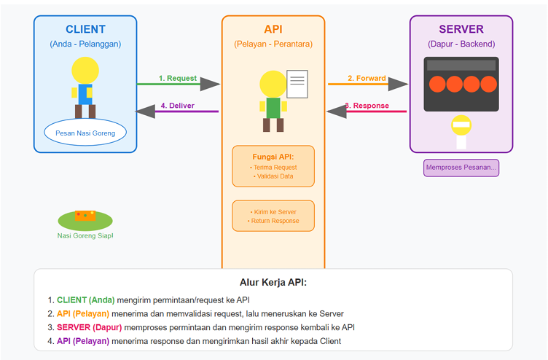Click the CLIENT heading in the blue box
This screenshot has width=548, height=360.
tap(85, 29)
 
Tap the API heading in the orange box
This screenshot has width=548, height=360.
tap(273, 29)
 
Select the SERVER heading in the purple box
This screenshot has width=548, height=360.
tap(461, 29)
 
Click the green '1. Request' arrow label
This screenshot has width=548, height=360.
tap(178, 78)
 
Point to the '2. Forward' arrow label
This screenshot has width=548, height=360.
tap(366, 78)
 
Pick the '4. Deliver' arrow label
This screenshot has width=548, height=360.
tap(177, 106)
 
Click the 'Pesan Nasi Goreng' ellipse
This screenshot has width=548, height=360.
tap(85, 133)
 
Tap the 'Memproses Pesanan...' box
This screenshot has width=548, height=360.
tap(461, 168)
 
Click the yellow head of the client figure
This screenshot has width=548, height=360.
tap(85, 70)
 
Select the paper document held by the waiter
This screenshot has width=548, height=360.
tap(297, 84)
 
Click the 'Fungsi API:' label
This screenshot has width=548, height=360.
tap(273, 157)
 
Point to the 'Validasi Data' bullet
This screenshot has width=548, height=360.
tap(273, 176)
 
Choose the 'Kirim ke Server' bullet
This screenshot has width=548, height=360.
tap(273, 211)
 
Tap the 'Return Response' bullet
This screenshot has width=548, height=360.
tap(273, 221)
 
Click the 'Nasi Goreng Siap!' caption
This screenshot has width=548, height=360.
tap(85, 236)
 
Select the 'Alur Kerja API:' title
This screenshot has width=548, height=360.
tap(273, 282)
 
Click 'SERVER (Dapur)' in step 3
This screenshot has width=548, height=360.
tap(90, 327)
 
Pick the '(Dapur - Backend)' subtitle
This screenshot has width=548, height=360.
tap(461, 44)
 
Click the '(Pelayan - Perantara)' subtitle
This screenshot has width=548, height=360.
tap(273, 44)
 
